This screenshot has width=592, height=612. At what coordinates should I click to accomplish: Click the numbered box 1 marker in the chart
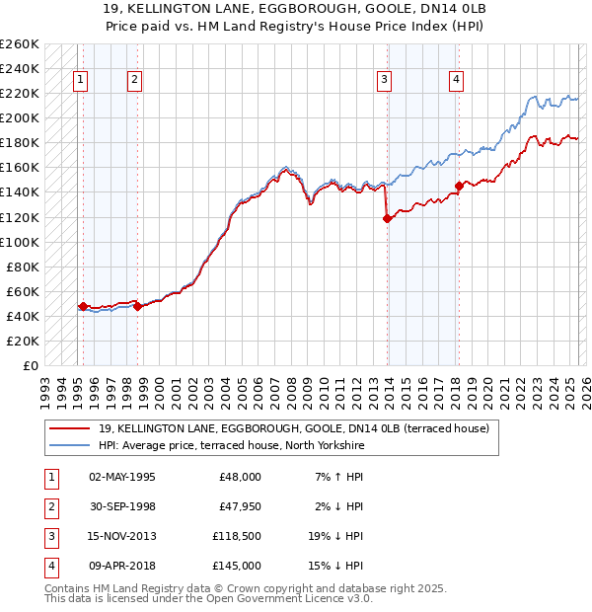[x=79, y=81]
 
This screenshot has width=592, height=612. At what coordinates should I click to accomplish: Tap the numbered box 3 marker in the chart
[x=385, y=81]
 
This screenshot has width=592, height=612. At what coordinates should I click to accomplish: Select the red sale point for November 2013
[x=387, y=219]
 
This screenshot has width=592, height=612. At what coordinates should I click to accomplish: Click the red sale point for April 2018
[x=459, y=186]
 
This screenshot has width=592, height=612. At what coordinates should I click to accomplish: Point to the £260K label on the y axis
[x=21, y=44]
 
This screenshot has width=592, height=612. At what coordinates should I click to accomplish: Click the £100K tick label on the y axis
[x=21, y=242]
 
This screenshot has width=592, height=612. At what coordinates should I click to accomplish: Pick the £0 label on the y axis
[x=31, y=365]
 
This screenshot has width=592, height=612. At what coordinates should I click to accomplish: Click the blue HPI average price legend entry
[x=231, y=446]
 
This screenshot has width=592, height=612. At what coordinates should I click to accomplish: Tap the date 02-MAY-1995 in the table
[x=122, y=477]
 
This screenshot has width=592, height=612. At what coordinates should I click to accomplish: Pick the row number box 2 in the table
[x=49, y=506]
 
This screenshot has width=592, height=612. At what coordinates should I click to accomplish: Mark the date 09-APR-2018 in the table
[x=122, y=566]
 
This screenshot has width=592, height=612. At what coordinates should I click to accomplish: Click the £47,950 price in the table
[x=238, y=506]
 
